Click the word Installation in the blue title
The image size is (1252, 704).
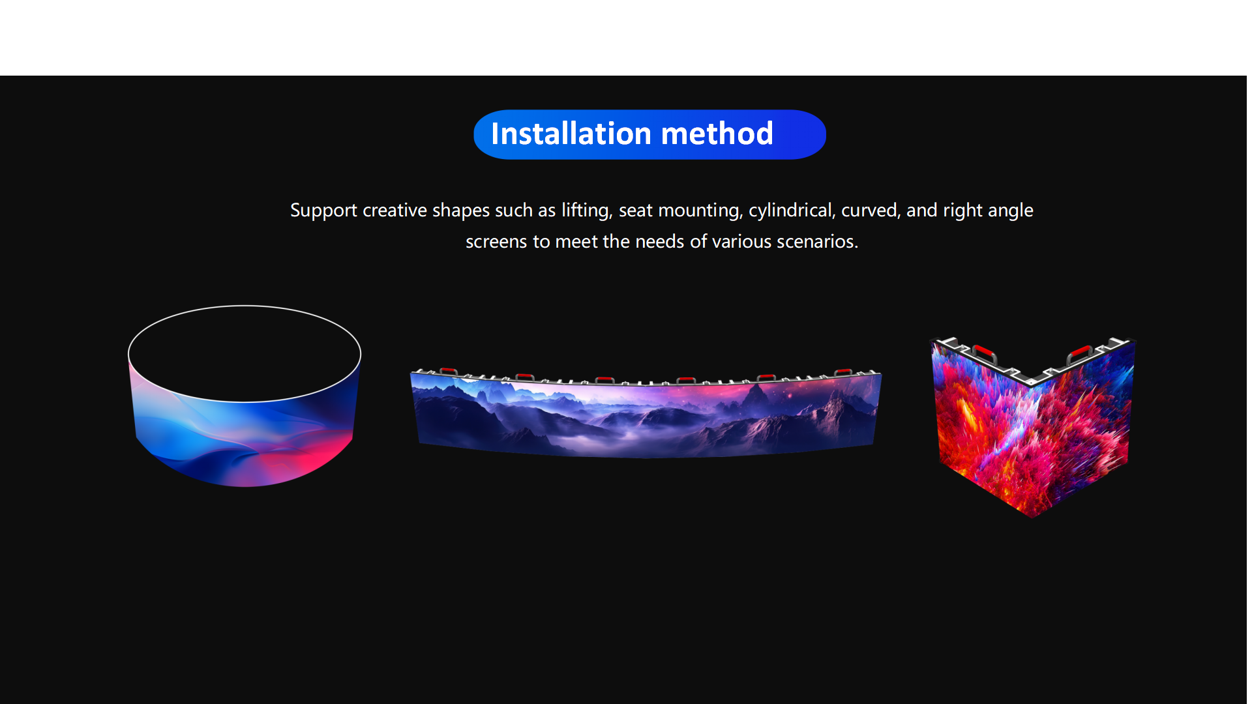pos(571,134)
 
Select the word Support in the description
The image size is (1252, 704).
pos(323,211)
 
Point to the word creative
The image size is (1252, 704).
pos(393,210)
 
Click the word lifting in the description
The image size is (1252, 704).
pos(586,211)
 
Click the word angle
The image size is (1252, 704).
pos(1010,211)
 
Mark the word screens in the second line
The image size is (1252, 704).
pos(496,242)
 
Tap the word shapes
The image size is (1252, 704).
pos(460,211)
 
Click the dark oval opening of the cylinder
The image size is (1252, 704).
pos(245,353)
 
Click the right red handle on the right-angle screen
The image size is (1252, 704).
pos(1081,353)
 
